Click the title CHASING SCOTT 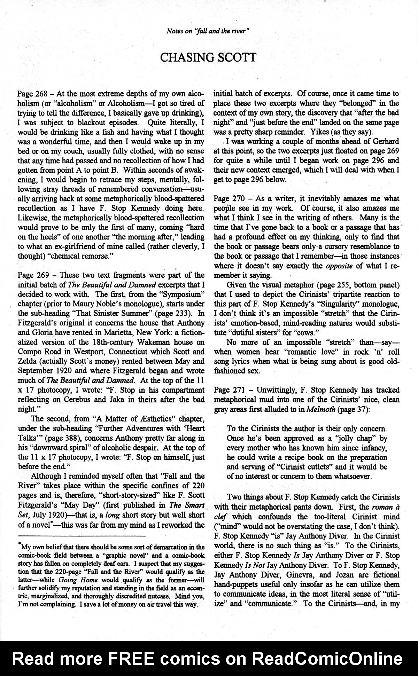click(x=208, y=57)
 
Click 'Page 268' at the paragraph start click(x=30, y=94)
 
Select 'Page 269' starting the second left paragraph click(x=30, y=275)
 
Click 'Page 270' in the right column click(x=227, y=199)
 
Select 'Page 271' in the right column click(x=227, y=390)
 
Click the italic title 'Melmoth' click(x=318, y=409)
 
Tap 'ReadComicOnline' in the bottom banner click(x=327, y=659)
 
